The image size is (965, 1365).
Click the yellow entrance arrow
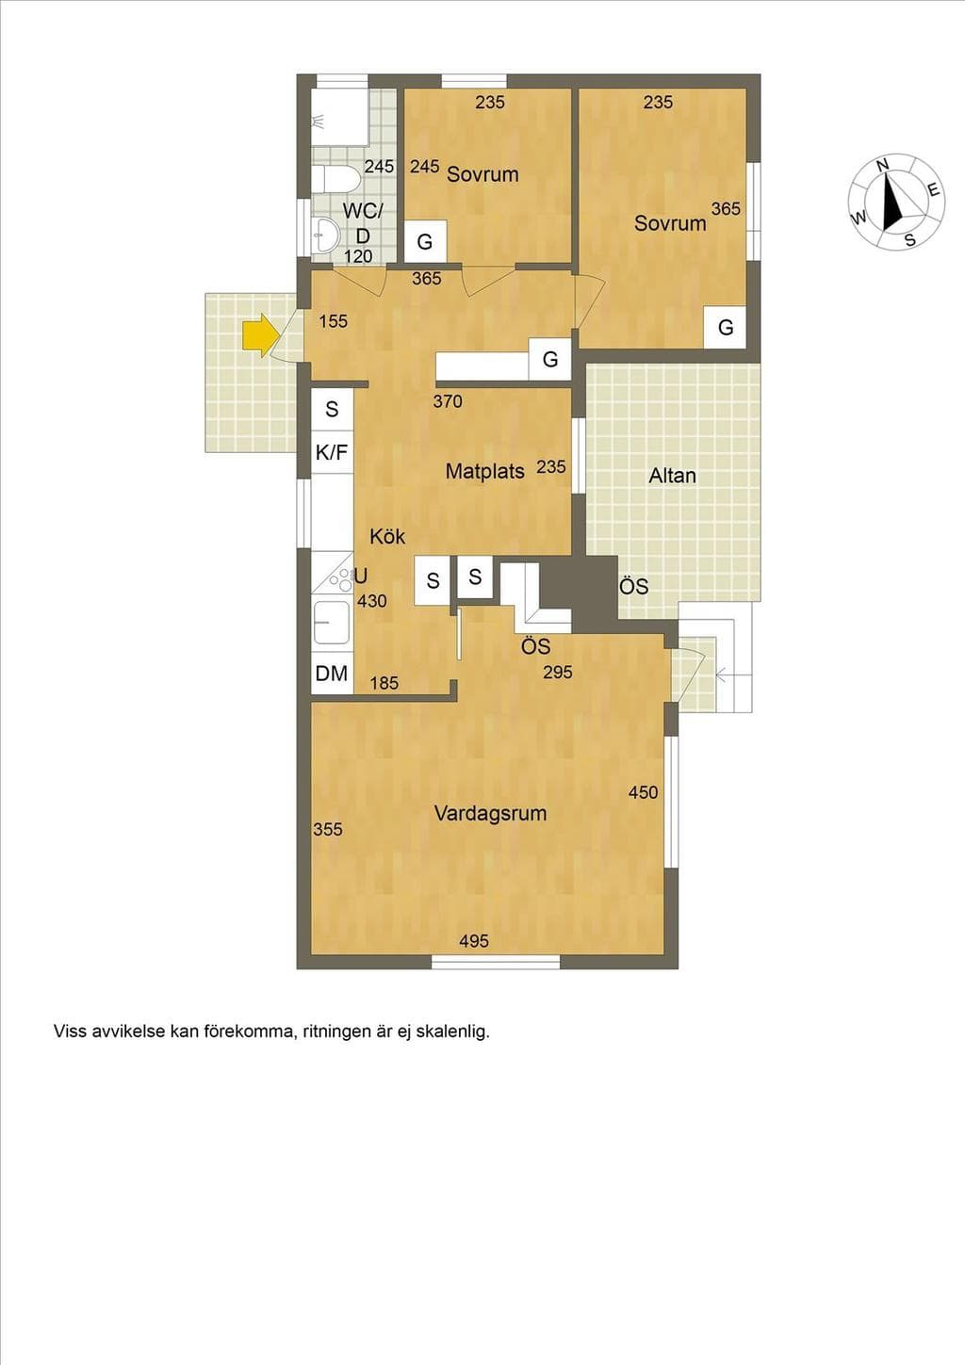point(259,334)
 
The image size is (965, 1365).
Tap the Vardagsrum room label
point(490,814)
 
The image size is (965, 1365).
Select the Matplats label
point(484,471)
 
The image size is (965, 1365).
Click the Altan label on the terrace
point(673,476)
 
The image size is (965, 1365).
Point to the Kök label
point(387,537)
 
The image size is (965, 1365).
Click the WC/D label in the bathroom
point(363,223)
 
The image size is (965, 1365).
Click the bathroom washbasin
point(325,235)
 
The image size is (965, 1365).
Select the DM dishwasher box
point(333,674)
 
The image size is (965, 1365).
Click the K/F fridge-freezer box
point(333,452)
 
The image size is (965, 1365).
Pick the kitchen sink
point(331,623)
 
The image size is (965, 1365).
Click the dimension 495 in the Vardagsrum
point(474,941)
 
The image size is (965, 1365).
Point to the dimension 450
point(643,792)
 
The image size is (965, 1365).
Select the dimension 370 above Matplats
point(448,401)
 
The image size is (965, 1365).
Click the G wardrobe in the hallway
point(549,359)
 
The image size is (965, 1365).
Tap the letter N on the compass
point(882,165)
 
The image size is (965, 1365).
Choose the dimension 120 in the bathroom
point(358,256)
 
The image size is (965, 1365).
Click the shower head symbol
point(319,121)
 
